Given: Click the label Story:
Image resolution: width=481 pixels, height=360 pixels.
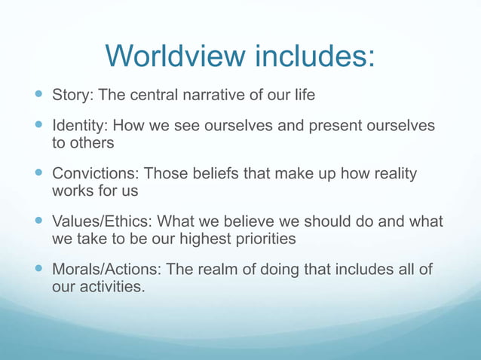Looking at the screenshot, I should click(72, 96).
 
